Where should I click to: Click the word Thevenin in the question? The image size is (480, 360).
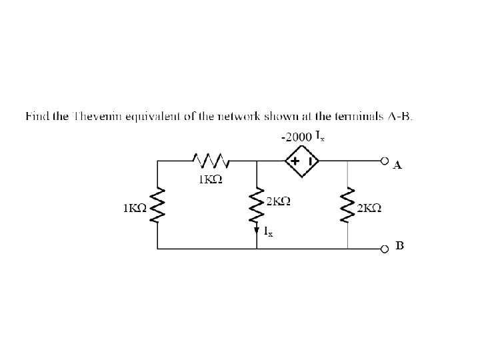coord(94,117)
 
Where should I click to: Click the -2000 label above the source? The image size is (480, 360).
coord(296,137)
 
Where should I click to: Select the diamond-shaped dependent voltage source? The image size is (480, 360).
coord(302,161)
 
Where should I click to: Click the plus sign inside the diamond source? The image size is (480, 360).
coord(294,161)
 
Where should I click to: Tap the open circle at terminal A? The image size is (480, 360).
coord(384,161)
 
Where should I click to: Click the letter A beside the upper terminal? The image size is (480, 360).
coord(397,166)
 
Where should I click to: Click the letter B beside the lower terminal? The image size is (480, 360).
coord(399,246)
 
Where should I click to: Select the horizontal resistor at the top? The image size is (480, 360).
coord(210,161)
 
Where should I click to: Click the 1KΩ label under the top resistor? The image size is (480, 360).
coord(210,179)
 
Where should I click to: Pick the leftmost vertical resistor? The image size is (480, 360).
coord(158,205)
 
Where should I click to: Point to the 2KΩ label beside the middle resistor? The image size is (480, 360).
coord(278,200)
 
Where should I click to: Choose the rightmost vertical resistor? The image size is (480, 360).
coord(347,205)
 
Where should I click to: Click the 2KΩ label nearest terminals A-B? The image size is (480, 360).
coord(369,207)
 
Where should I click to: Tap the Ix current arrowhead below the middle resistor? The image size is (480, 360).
coord(257,231)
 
